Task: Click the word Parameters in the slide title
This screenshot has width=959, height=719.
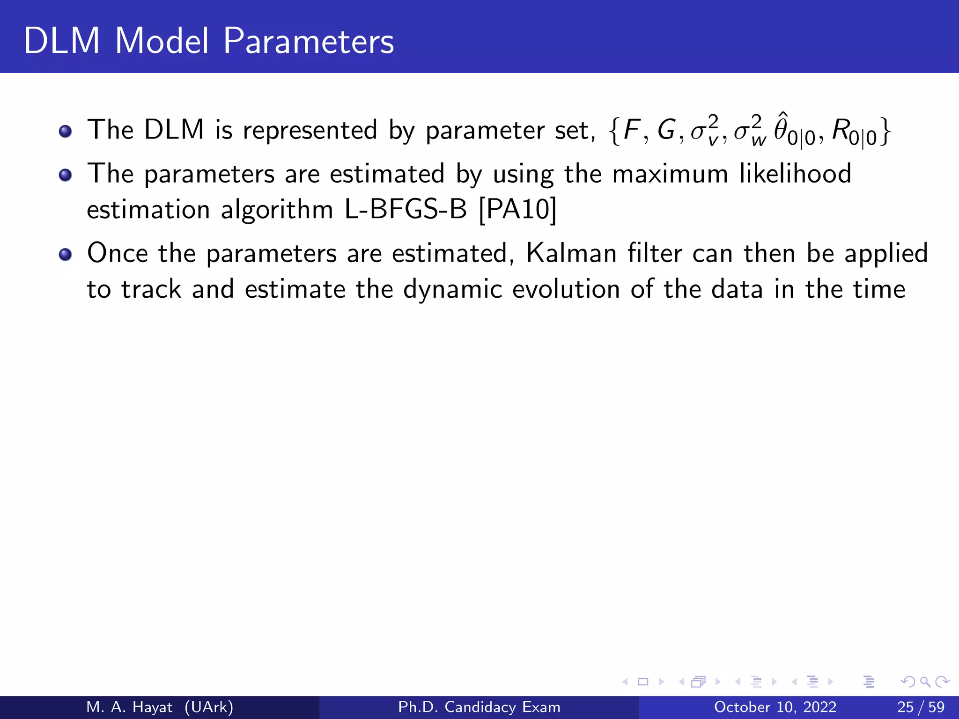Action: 308,41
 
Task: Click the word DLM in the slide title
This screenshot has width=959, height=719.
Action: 62,41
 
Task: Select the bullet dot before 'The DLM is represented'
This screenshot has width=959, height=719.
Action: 66,131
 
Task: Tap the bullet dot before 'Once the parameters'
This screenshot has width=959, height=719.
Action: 66,255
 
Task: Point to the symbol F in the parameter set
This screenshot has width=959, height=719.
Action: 632,130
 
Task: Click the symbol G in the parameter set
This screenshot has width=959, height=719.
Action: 666,130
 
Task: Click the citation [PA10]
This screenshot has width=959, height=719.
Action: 518,209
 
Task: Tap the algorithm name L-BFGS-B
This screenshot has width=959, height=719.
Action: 406,209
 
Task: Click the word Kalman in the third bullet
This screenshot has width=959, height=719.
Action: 571,253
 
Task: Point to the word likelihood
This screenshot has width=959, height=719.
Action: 795,174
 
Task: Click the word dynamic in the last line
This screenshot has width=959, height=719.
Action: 452,290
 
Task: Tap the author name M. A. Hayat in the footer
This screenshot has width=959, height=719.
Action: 130,707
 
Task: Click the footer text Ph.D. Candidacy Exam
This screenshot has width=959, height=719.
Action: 479,707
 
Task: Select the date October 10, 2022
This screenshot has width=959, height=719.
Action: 775,707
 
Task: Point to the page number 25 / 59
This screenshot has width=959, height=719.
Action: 921,707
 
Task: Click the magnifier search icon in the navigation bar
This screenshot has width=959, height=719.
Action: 925,682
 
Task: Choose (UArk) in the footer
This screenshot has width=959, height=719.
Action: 209,707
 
